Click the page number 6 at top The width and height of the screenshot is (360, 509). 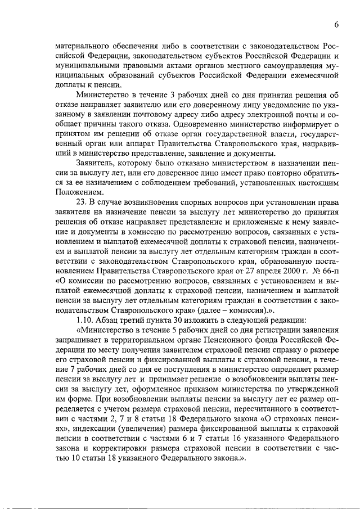point(336,25)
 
